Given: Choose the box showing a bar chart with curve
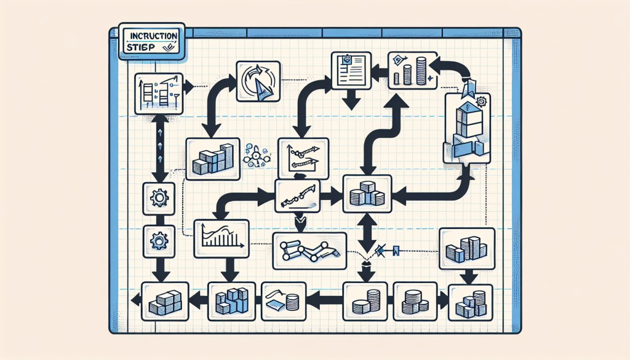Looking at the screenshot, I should coord(221,238).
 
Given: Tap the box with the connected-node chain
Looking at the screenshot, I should coord(309,250).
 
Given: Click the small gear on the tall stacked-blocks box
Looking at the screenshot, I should coord(481,102).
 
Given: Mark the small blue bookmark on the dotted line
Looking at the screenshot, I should coord(395,250).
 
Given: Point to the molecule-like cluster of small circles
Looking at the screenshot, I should coord(253,155).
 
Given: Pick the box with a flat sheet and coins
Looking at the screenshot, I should coord(284,301).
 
